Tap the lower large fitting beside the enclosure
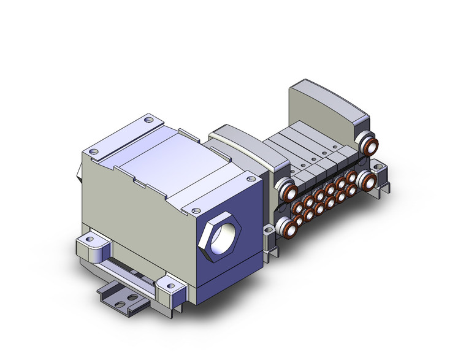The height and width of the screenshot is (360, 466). (x=286, y=226)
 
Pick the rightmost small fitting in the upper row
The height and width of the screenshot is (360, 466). (x=351, y=177)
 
